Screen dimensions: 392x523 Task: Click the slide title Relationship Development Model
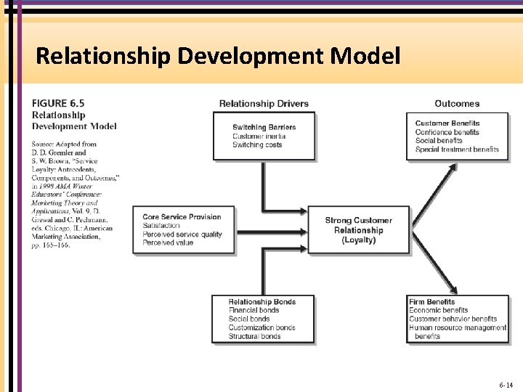pyautogui.click(x=217, y=55)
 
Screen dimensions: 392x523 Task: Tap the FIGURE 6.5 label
pyautogui.click(x=59, y=104)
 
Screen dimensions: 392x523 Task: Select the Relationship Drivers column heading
pyautogui.click(x=264, y=104)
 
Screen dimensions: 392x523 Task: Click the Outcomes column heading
pyautogui.click(x=457, y=104)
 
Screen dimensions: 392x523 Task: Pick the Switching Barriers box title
pyautogui.click(x=264, y=127)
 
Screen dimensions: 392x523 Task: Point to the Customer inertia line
pyautogui.click(x=259, y=136)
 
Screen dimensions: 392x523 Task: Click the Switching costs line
pyautogui.click(x=257, y=144)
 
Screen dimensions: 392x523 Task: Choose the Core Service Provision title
pyautogui.click(x=182, y=217)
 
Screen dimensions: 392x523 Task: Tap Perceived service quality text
pyautogui.click(x=182, y=234)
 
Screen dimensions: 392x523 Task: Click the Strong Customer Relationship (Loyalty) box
pyautogui.click(x=358, y=230)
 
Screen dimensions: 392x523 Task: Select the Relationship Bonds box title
pyautogui.click(x=261, y=302)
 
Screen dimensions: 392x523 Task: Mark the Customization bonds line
pyautogui.click(x=261, y=327)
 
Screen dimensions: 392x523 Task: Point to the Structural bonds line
pyautogui.click(x=254, y=336)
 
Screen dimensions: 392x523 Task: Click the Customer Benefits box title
pyautogui.click(x=447, y=123)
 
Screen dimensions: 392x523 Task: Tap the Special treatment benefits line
pyautogui.click(x=457, y=150)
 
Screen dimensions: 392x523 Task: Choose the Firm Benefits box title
pyautogui.click(x=431, y=302)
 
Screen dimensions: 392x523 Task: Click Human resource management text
pyautogui.click(x=458, y=327)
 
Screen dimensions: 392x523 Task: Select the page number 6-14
pyautogui.click(x=506, y=385)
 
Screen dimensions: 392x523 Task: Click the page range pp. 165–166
pyautogui.click(x=51, y=245)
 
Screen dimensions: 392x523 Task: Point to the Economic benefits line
pyautogui.click(x=438, y=311)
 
